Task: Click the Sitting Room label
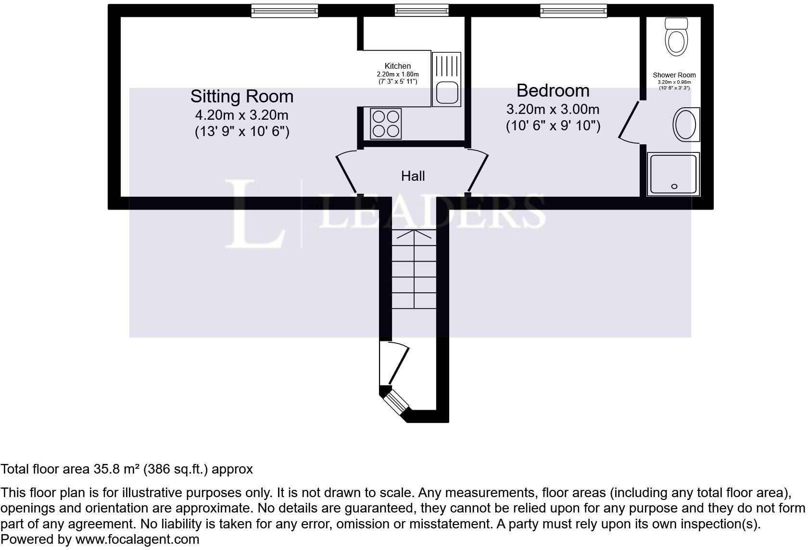[x=241, y=96]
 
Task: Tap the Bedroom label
[x=553, y=90]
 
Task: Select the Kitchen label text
[x=398, y=66]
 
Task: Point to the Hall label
[x=413, y=176]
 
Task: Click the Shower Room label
[x=674, y=75]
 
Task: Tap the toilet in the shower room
[x=676, y=37]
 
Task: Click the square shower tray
[x=673, y=174]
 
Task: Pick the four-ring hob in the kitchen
[x=386, y=124]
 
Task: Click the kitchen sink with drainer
[x=446, y=79]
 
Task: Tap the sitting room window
[x=284, y=11]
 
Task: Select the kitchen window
[x=421, y=11]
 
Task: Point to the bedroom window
[x=573, y=11]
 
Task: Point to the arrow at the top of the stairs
[x=414, y=234]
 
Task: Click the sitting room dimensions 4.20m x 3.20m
[x=241, y=115]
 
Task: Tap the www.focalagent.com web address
[x=137, y=539]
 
